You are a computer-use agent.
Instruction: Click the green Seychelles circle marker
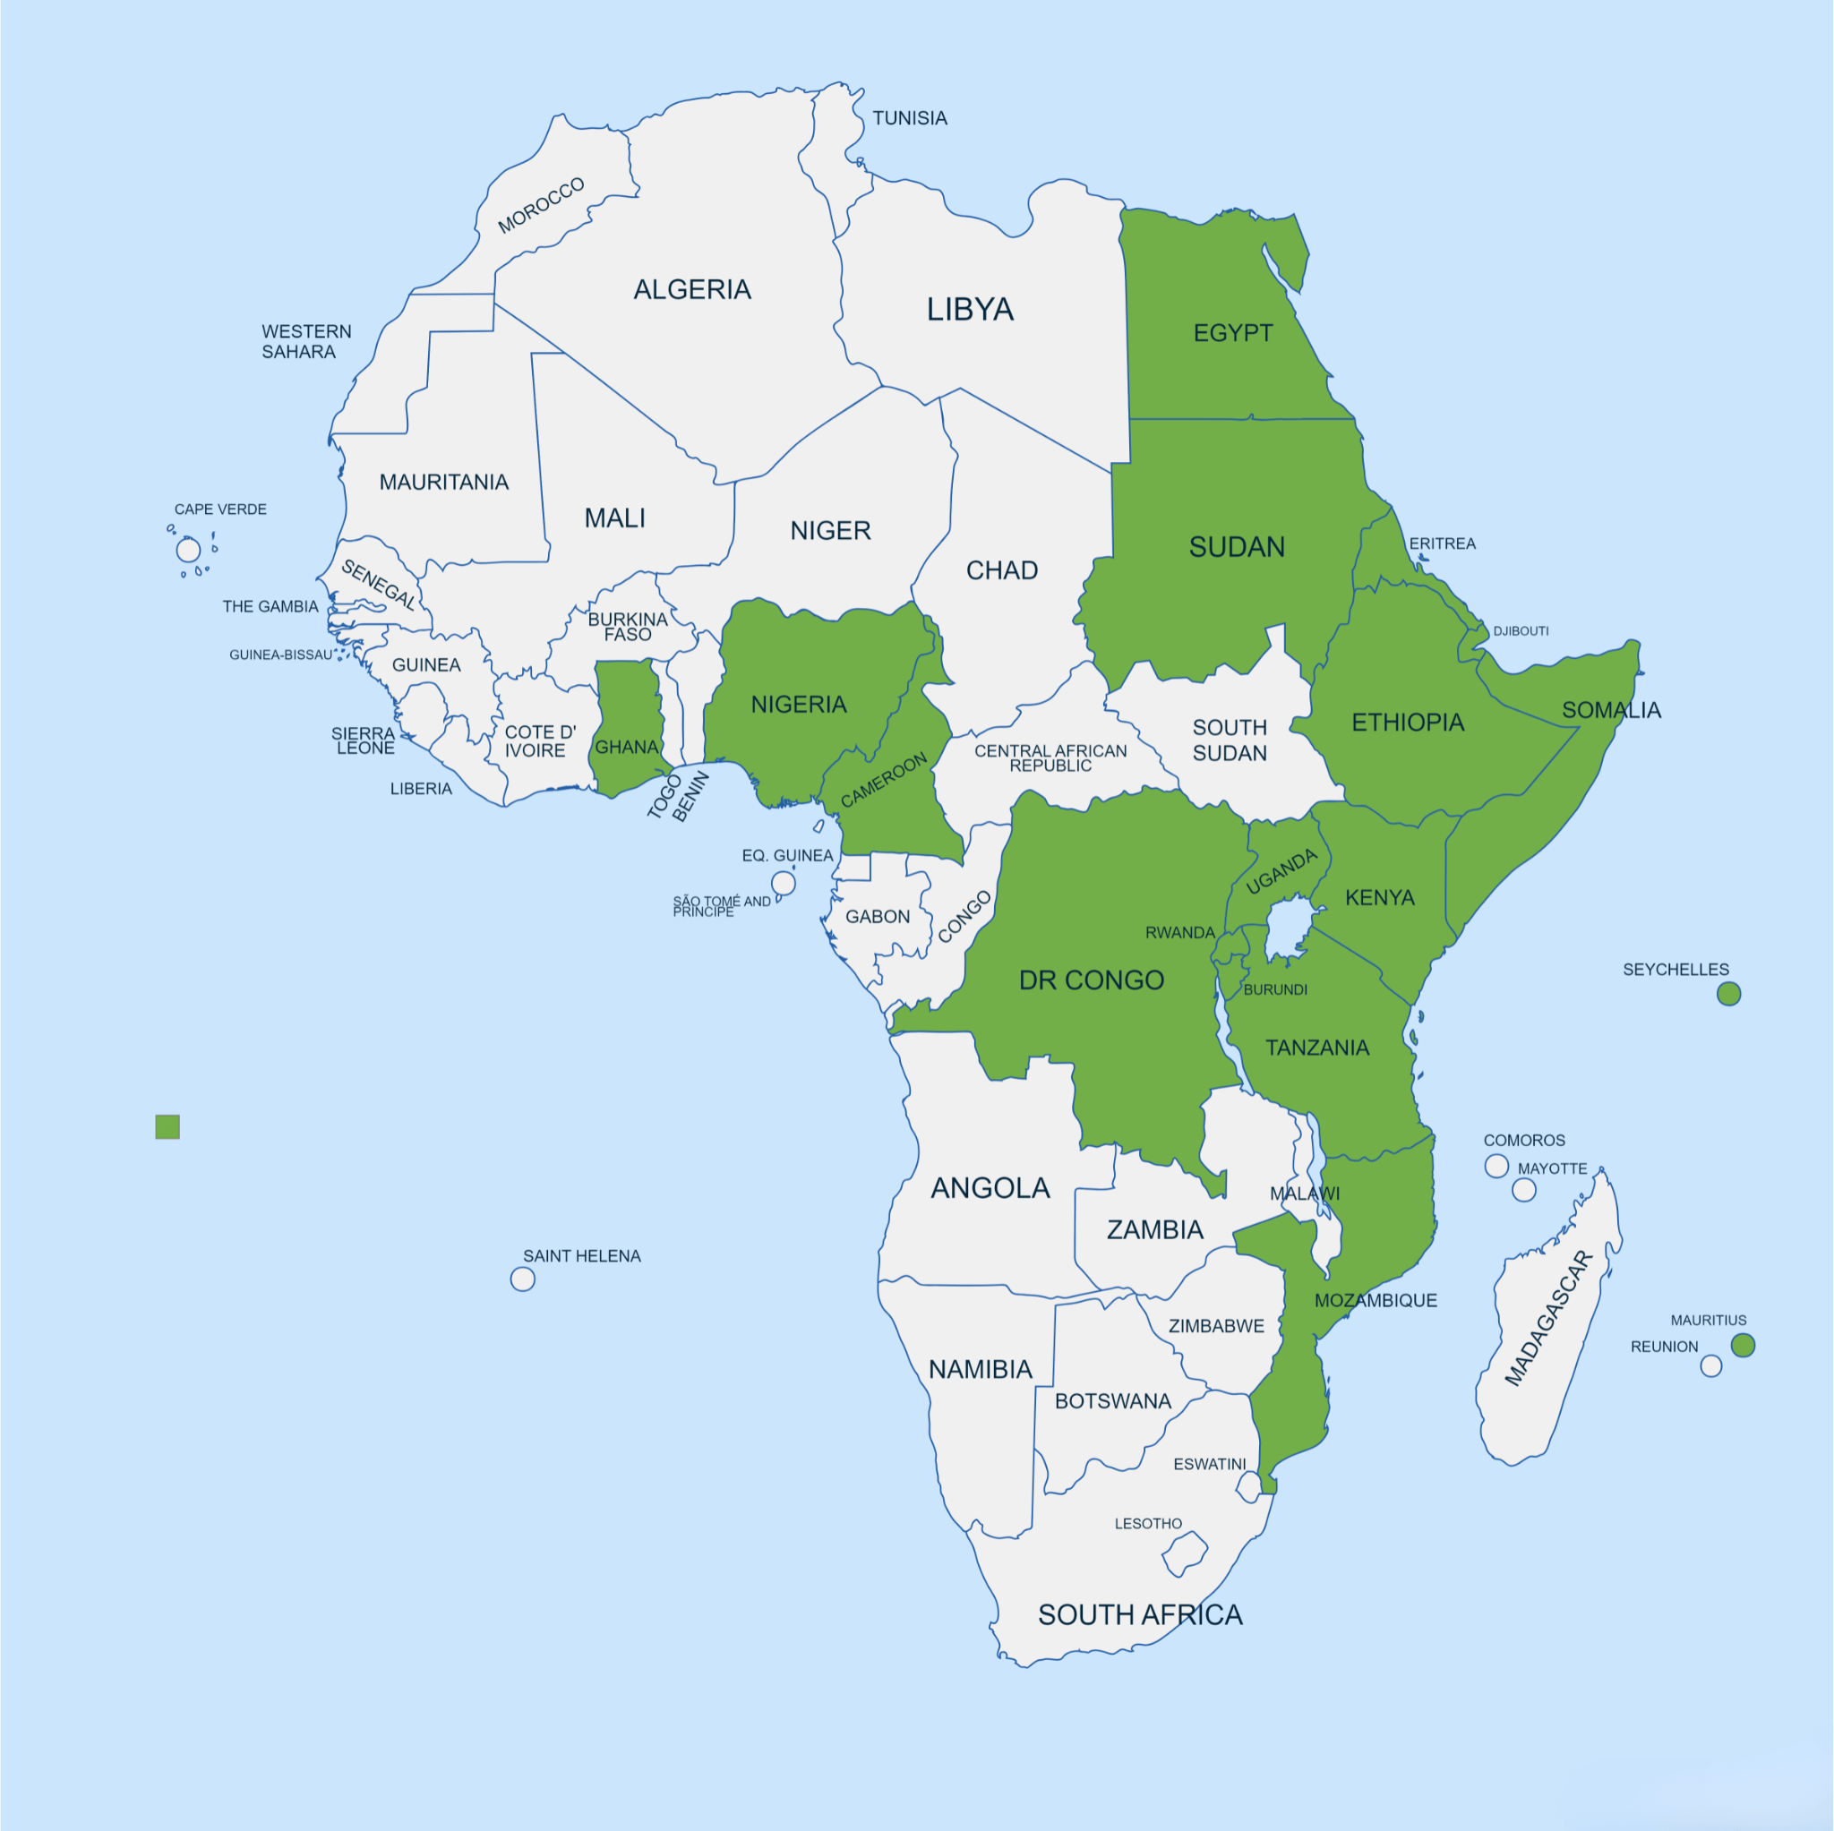[x=1728, y=994]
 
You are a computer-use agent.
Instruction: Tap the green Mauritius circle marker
[x=1743, y=1345]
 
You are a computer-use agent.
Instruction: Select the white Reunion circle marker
[x=1710, y=1366]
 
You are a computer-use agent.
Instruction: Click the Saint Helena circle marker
[x=522, y=1279]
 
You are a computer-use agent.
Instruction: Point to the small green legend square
[x=167, y=1126]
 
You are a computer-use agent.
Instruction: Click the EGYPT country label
[x=1232, y=333]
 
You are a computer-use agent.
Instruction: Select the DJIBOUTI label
[x=1520, y=631]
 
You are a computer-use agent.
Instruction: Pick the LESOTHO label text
[x=1148, y=1524]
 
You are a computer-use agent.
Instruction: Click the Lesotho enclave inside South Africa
[x=1184, y=1553]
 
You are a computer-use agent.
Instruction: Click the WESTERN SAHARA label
[x=305, y=342]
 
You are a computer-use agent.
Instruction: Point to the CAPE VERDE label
[x=220, y=509]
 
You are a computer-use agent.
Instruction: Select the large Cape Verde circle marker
[x=188, y=550]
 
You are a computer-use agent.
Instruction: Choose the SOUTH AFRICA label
[x=1139, y=1614]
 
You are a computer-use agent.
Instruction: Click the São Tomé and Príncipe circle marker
[x=784, y=884]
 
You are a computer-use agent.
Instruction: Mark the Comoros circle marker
[x=1496, y=1166]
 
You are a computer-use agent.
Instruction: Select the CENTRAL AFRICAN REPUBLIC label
[x=1050, y=757]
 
